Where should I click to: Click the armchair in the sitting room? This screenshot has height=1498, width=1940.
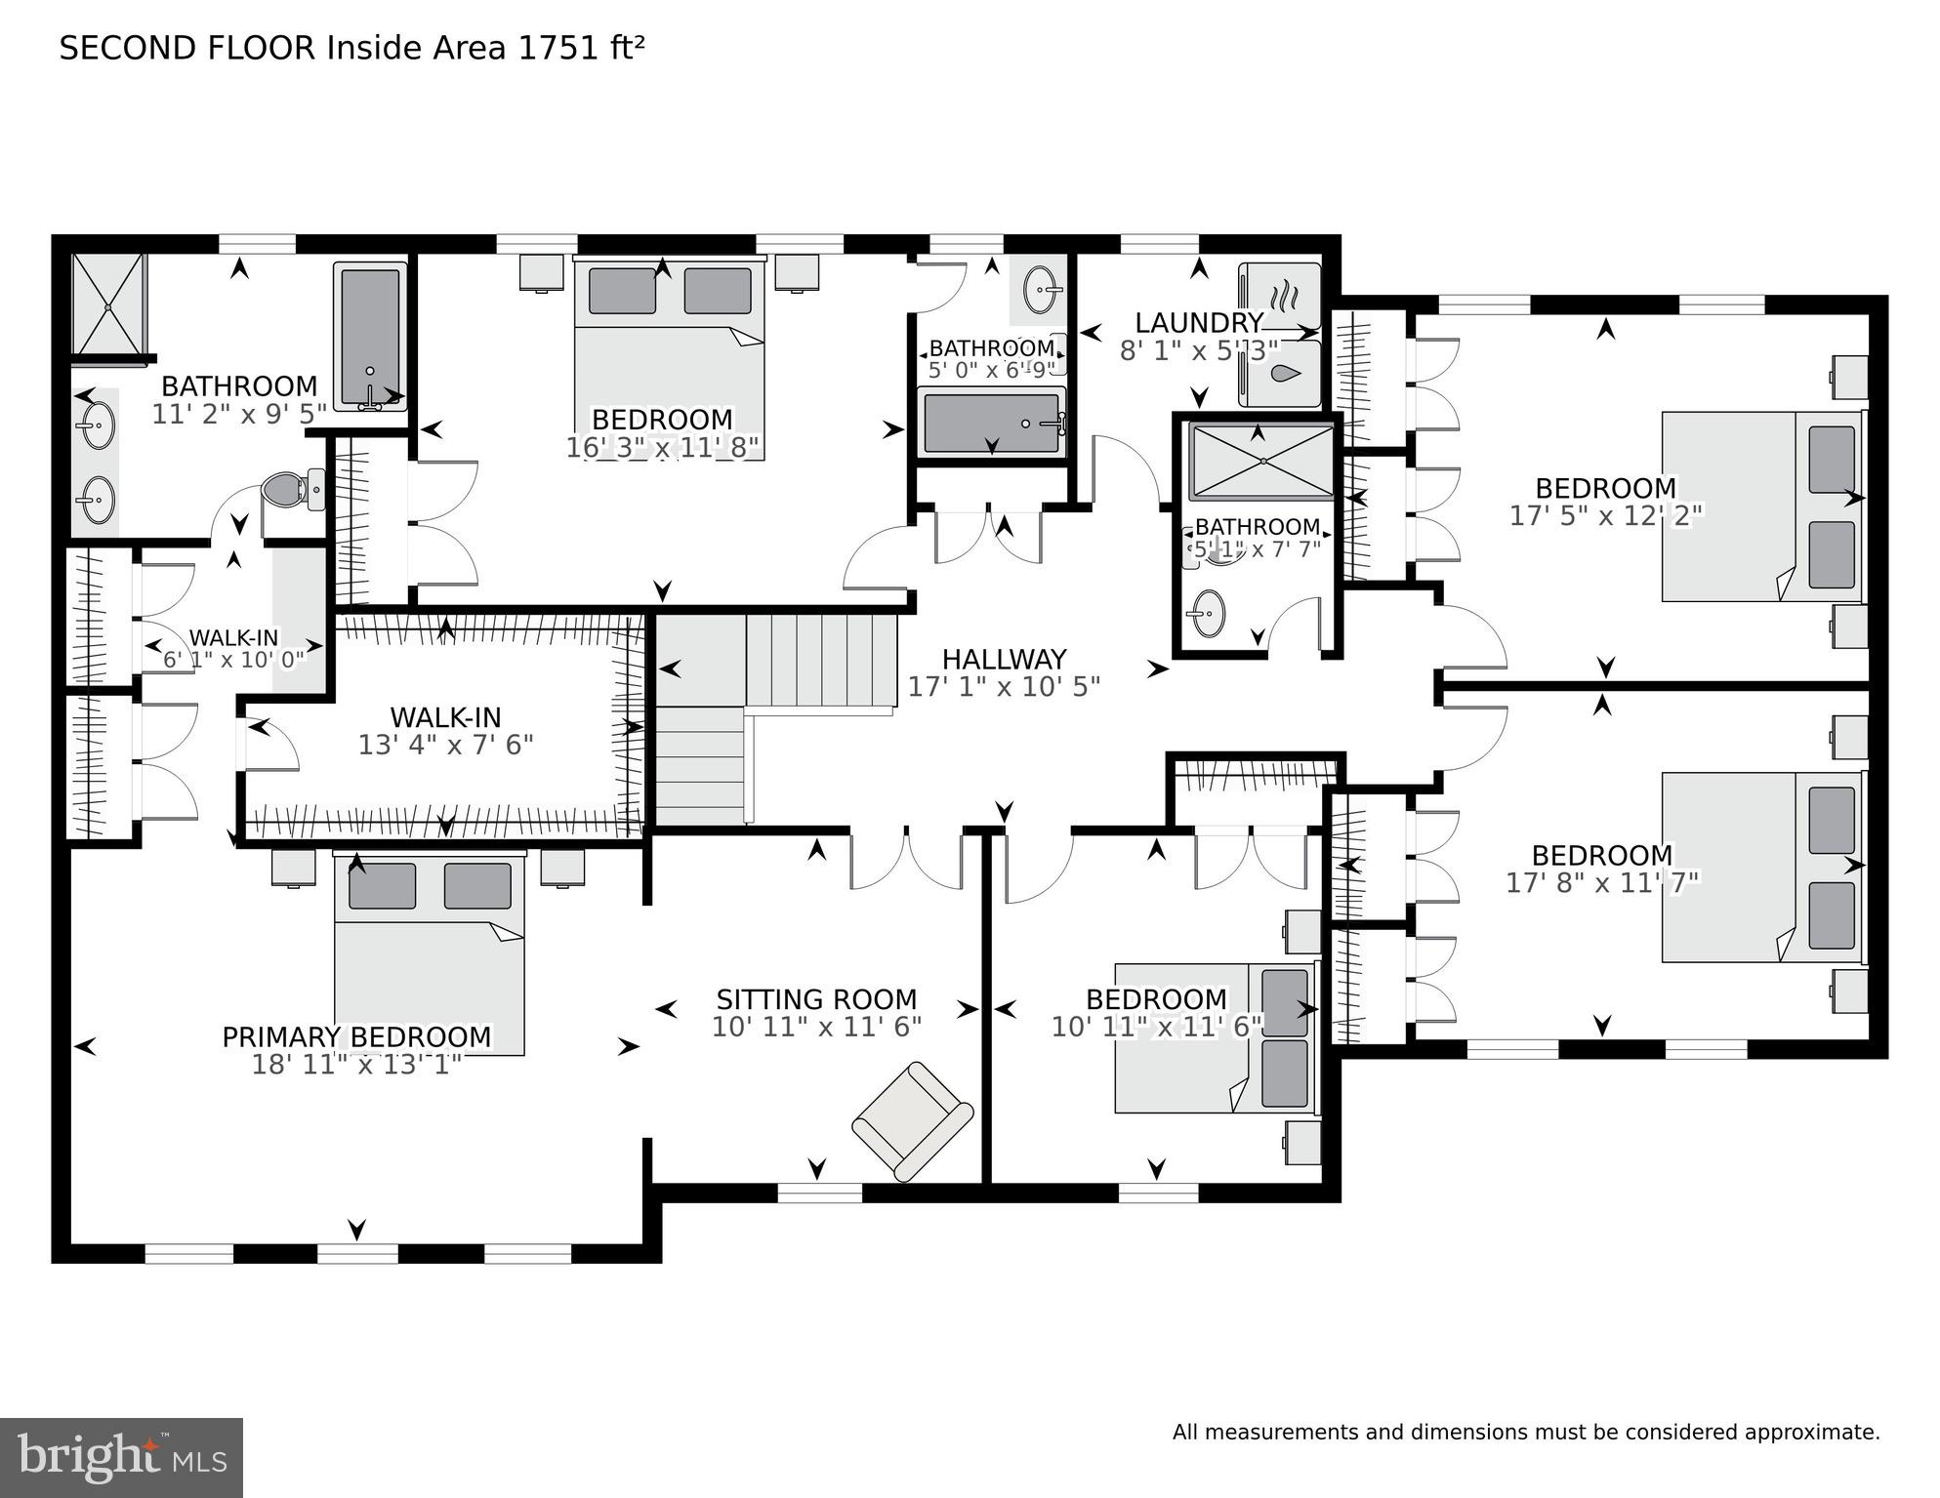pos(913,1119)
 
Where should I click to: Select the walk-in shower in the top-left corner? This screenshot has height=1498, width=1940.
pos(109,304)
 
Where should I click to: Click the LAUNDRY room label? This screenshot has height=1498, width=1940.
pos(1198,323)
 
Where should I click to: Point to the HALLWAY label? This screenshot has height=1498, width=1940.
pos(1004,660)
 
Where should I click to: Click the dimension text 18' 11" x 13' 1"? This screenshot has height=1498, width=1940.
pos(356,1064)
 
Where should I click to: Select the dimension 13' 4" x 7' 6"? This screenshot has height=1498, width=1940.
pos(445,746)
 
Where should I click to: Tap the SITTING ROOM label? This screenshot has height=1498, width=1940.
pos(816,999)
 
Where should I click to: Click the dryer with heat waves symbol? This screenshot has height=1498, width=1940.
pos(1279,294)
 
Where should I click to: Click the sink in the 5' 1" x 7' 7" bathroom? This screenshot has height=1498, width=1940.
pos(1209,614)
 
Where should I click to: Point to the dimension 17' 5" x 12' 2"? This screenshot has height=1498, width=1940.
pos(1605,515)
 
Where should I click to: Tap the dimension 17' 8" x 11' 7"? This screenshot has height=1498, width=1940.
pos(1602,883)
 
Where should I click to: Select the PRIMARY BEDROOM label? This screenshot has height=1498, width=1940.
pos(356,1036)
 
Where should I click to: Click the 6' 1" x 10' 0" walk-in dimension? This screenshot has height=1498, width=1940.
pos(233,659)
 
